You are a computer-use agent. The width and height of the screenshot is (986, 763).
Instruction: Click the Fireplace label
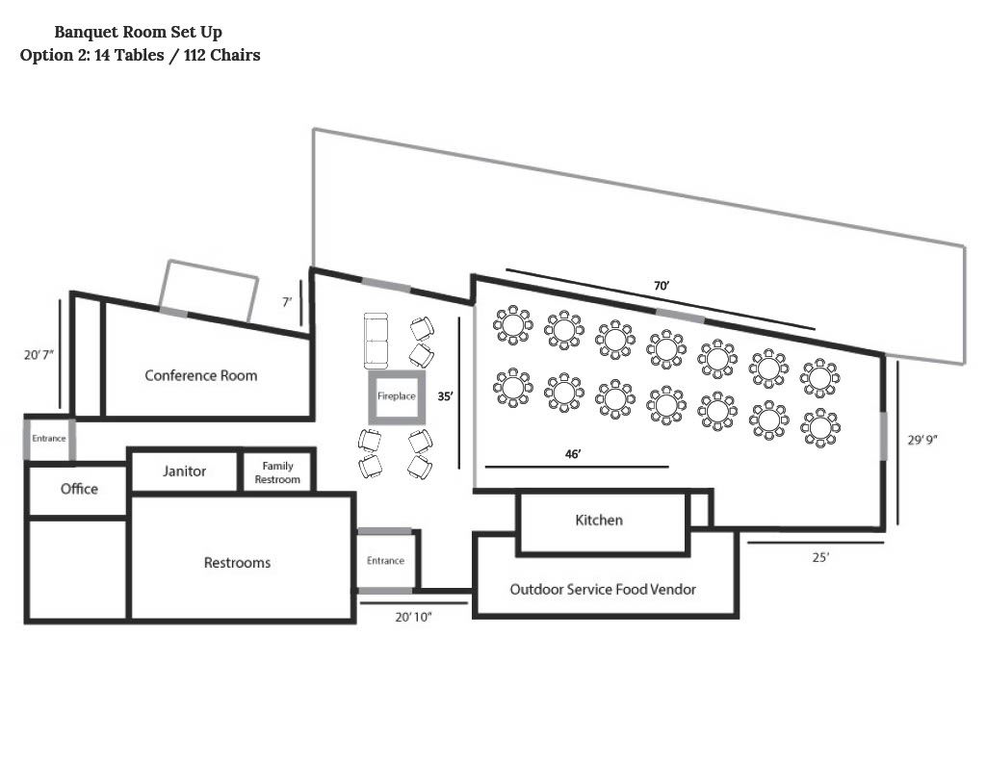click(396, 396)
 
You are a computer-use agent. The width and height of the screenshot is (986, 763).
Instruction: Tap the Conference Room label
click(201, 376)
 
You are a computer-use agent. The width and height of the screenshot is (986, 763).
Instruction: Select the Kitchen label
click(599, 521)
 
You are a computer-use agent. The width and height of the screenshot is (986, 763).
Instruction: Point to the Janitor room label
click(184, 471)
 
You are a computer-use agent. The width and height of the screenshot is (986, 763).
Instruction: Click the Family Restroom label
click(277, 472)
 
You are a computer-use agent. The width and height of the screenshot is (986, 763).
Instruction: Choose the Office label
click(79, 489)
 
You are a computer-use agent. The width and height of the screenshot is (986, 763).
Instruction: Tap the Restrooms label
click(237, 563)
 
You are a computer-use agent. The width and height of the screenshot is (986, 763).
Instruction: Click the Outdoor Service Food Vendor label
click(603, 590)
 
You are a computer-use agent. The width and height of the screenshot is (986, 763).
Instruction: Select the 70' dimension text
click(662, 286)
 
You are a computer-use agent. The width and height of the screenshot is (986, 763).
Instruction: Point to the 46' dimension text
click(573, 454)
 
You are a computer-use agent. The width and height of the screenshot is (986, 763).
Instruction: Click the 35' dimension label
click(445, 396)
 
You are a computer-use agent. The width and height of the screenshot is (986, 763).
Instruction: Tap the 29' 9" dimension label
click(922, 440)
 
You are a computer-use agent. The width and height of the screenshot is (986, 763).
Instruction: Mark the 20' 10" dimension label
click(413, 617)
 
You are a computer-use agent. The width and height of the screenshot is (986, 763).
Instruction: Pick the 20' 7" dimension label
click(39, 355)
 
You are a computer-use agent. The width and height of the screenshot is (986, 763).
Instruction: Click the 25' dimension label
click(820, 557)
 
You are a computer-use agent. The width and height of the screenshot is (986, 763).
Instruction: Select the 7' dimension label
click(287, 302)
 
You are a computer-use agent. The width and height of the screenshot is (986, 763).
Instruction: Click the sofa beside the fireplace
click(376, 342)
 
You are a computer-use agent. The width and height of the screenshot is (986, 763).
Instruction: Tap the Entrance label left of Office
click(49, 439)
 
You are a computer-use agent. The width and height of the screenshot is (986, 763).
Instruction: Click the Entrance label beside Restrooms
click(385, 561)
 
